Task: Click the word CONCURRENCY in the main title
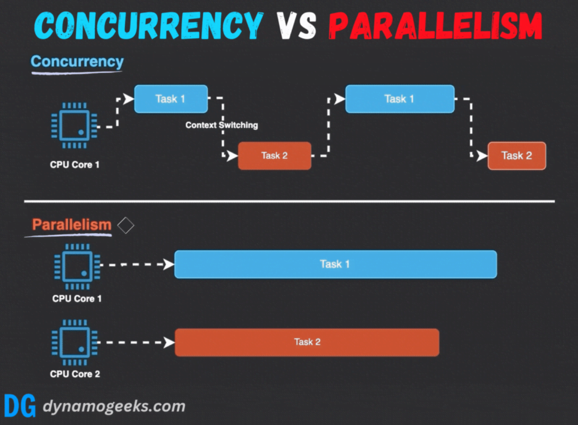point(149,26)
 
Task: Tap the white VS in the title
point(296,26)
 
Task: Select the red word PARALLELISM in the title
point(436,26)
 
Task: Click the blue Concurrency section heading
point(77,62)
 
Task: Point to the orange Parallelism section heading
point(71,224)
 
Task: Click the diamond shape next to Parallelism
point(126,225)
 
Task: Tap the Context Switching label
point(222,125)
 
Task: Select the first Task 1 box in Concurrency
point(171,99)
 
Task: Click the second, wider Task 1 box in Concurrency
point(400,99)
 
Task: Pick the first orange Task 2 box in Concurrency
point(275,156)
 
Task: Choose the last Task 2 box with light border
point(517,156)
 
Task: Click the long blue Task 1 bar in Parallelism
point(335,264)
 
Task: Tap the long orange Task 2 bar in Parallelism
point(307,342)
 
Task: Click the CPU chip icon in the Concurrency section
point(74,126)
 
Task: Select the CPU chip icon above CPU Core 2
point(75,342)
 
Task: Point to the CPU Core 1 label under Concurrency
point(75,164)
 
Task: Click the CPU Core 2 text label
point(75,374)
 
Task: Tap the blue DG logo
point(20,406)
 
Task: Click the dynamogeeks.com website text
point(114,407)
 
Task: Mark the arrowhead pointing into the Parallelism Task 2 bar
point(169,343)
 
